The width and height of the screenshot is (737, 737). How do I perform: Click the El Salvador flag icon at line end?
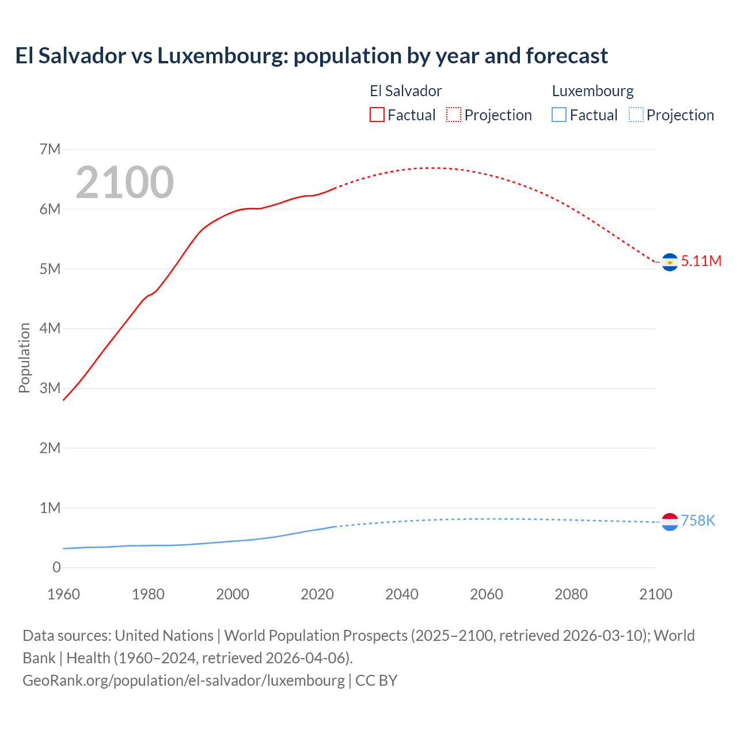pos(670,262)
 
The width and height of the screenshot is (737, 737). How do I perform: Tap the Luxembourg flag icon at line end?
pos(670,522)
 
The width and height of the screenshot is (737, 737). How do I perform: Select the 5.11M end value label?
pos(701,261)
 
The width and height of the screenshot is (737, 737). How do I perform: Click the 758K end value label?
pos(698,521)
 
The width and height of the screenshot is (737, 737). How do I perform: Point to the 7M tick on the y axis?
pos(50,150)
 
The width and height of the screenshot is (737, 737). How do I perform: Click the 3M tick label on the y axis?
pos(50,388)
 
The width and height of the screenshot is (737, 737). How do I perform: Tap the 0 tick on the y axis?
pos(56,567)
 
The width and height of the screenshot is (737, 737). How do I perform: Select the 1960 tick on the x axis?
pos(63,594)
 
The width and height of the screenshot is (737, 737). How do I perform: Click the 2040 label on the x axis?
pos(402,594)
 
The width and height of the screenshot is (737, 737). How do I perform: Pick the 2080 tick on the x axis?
pos(571,594)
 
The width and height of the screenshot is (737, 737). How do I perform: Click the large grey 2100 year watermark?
pos(124,183)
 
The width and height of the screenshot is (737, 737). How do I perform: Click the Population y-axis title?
pos(24,358)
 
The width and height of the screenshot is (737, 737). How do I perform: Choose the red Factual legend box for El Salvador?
pos(377,115)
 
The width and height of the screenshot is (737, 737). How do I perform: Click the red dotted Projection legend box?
pos(454,115)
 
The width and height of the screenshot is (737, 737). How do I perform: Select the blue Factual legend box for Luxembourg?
pos(559,115)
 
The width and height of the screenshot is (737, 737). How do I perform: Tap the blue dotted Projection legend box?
pos(636,115)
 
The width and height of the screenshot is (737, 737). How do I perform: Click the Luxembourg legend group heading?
pos(592,91)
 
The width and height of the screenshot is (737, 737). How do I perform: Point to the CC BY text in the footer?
pos(376,680)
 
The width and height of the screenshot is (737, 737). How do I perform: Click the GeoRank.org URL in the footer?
pos(183,680)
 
